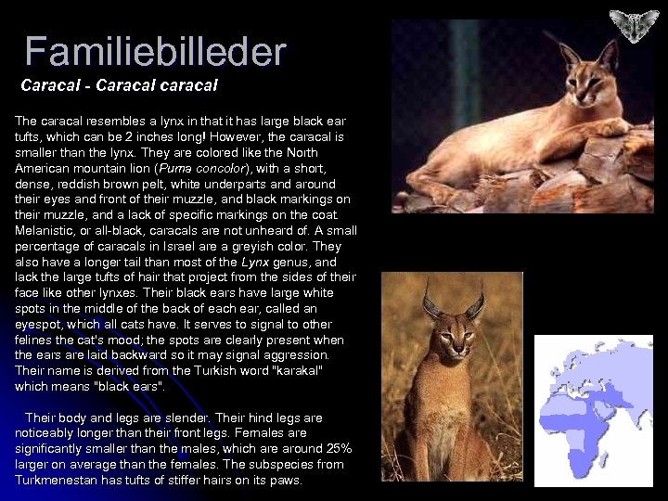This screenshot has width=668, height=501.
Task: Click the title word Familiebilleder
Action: coord(155,52)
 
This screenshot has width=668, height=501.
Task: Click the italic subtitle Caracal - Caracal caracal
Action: coord(119,85)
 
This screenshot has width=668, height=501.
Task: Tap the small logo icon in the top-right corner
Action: coord(634,25)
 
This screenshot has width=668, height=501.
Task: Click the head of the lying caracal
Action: coord(581,74)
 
